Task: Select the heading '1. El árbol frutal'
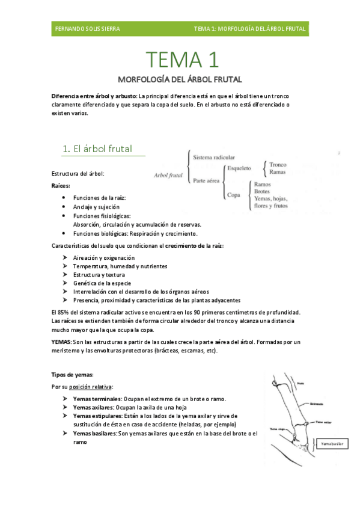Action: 97,149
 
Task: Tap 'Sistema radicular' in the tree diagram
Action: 214,157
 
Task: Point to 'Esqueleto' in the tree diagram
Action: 239,168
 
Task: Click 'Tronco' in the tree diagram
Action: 278,164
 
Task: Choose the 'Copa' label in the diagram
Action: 234,194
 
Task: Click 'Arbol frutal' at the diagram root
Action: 168,176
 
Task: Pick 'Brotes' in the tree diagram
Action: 262,191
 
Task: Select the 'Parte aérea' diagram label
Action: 207,180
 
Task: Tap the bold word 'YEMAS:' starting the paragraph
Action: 62,341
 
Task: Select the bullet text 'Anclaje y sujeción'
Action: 96,206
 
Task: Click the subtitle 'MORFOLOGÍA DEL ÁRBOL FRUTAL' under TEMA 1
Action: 180,79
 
